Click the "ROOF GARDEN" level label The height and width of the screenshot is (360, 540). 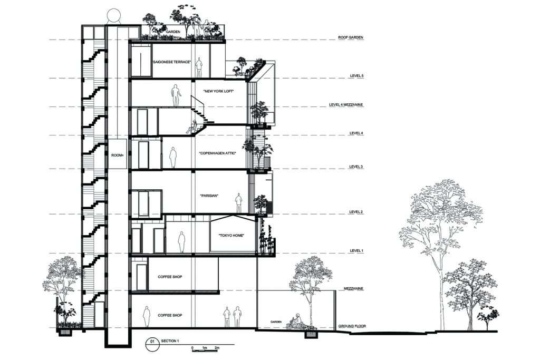(350, 37)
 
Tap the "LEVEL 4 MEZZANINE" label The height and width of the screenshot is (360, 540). (346, 105)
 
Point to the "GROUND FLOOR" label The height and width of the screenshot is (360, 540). (352, 326)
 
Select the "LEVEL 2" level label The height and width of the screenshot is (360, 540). (356, 212)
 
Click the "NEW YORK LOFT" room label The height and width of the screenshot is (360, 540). (219, 91)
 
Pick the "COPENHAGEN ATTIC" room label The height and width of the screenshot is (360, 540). (218, 153)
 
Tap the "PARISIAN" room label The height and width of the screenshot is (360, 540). (209, 196)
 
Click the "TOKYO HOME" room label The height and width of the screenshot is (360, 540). (232, 236)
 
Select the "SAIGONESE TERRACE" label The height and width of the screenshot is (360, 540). (172, 62)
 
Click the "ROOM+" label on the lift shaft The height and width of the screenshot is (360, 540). (118, 155)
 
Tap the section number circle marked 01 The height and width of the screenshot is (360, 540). (151, 342)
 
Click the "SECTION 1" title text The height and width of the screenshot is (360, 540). (170, 341)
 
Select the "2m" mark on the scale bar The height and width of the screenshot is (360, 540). (217, 348)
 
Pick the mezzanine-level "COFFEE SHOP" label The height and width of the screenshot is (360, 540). (170, 277)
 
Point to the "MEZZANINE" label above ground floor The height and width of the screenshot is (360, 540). (353, 289)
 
